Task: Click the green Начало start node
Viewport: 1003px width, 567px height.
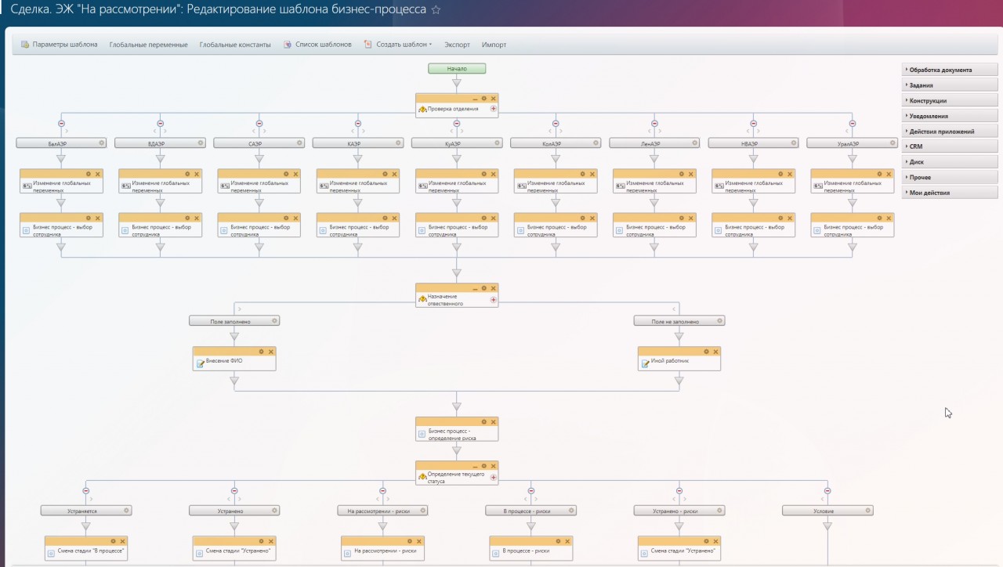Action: [457, 68]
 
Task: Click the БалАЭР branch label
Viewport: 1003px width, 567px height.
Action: [56, 143]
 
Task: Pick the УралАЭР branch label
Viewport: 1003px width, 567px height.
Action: [847, 143]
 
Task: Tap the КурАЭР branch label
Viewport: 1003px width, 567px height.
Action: [452, 143]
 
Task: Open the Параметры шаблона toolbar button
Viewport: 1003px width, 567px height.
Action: [60, 45]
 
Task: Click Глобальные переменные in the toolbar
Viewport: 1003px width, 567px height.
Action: [148, 45]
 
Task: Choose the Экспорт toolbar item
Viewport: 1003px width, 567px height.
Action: [457, 45]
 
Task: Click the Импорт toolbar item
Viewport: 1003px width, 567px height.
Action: [494, 45]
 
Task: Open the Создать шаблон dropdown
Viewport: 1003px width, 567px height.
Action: [399, 45]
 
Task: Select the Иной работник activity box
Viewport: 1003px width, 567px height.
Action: [679, 362]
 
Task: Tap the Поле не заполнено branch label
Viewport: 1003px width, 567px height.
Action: [675, 321]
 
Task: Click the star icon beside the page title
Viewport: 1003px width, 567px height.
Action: [436, 10]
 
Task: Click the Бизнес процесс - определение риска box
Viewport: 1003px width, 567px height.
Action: [457, 434]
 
